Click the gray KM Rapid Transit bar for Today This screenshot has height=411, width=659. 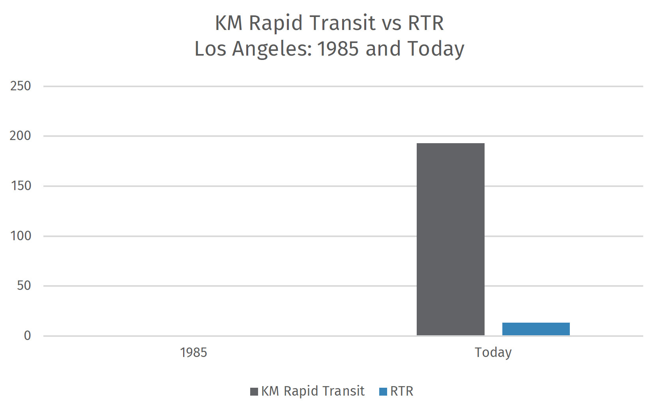tap(450, 239)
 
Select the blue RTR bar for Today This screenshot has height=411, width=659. tap(535, 329)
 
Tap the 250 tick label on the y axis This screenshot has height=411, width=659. tap(21, 86)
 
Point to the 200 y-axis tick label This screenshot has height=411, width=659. tap(20, 136)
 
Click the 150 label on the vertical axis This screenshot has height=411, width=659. tap(21, 186)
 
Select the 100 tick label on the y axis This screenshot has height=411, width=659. tap(21, 236)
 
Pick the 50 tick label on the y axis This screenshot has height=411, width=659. tap(24, 286)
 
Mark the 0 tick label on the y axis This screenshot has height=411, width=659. tap(27, 336)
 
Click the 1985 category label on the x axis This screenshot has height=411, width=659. tap(193, 352)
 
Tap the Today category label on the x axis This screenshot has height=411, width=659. tap(493, 352)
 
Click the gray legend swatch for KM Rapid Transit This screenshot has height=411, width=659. tap(254, 392)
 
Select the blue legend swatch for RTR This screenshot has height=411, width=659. tap(383, 392)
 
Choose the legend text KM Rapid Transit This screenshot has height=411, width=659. tap(313, 391)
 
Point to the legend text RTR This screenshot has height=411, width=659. tap(402, 391)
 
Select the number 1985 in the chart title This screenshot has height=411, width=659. tap(338, 49)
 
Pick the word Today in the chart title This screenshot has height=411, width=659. tap(436, 49)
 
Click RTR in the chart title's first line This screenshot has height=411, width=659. tap(426, 23)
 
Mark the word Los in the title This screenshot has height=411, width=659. tap(210, 49)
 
